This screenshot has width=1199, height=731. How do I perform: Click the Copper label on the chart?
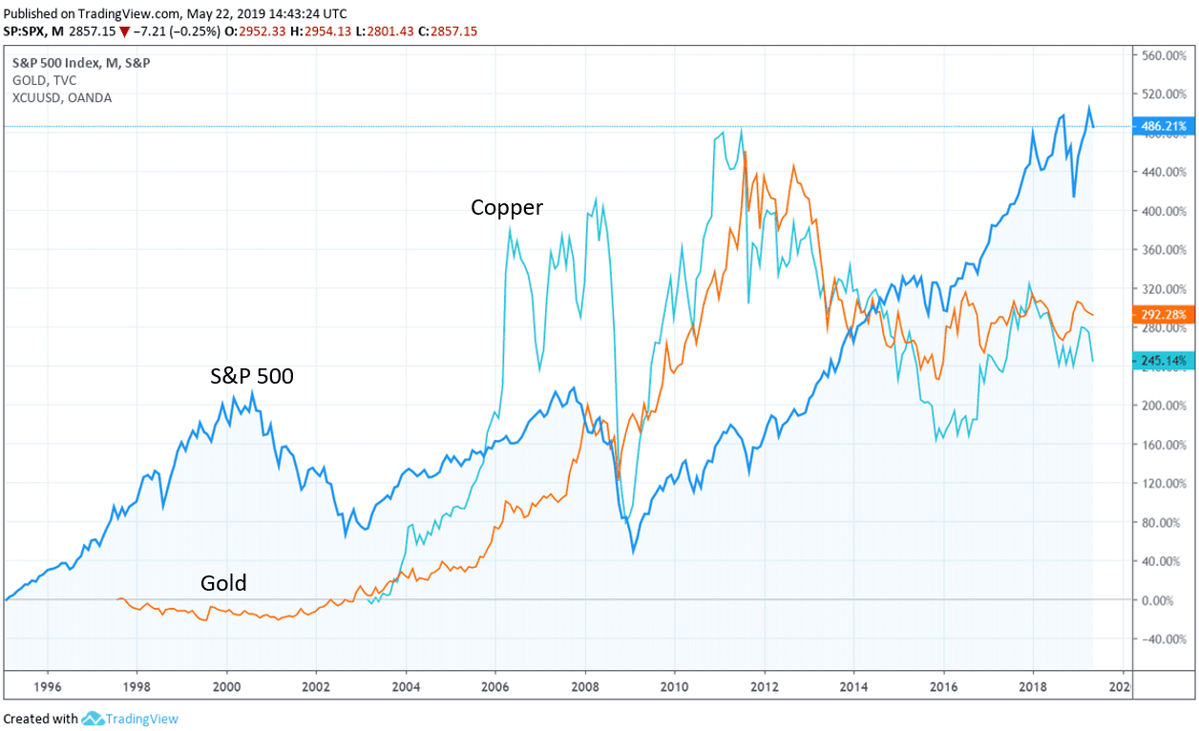506,207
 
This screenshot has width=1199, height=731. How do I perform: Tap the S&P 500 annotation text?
252,376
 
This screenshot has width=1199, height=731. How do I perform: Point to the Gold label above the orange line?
223,582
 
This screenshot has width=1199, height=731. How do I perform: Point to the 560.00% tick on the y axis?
1164,55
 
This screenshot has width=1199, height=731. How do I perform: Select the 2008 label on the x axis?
585,686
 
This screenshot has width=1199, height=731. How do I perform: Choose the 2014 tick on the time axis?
853,686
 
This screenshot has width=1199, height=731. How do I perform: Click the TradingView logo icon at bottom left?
92,719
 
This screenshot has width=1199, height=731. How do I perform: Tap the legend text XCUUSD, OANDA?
62,97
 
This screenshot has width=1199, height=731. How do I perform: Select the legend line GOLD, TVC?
44,80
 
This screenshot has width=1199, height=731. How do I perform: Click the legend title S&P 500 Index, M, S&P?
80,63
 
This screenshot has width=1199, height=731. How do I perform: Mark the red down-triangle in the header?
124,31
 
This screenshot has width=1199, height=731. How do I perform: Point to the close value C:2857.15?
441,31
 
